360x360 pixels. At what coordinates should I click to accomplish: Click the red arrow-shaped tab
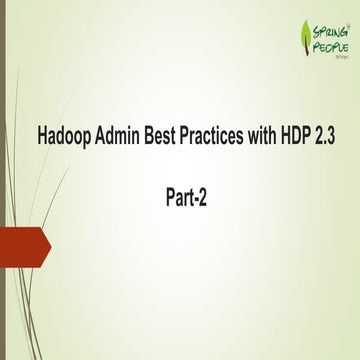[22, 247]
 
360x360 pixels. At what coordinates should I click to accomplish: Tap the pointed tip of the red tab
[49, 247]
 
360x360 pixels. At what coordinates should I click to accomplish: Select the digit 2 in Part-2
[203, 198]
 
